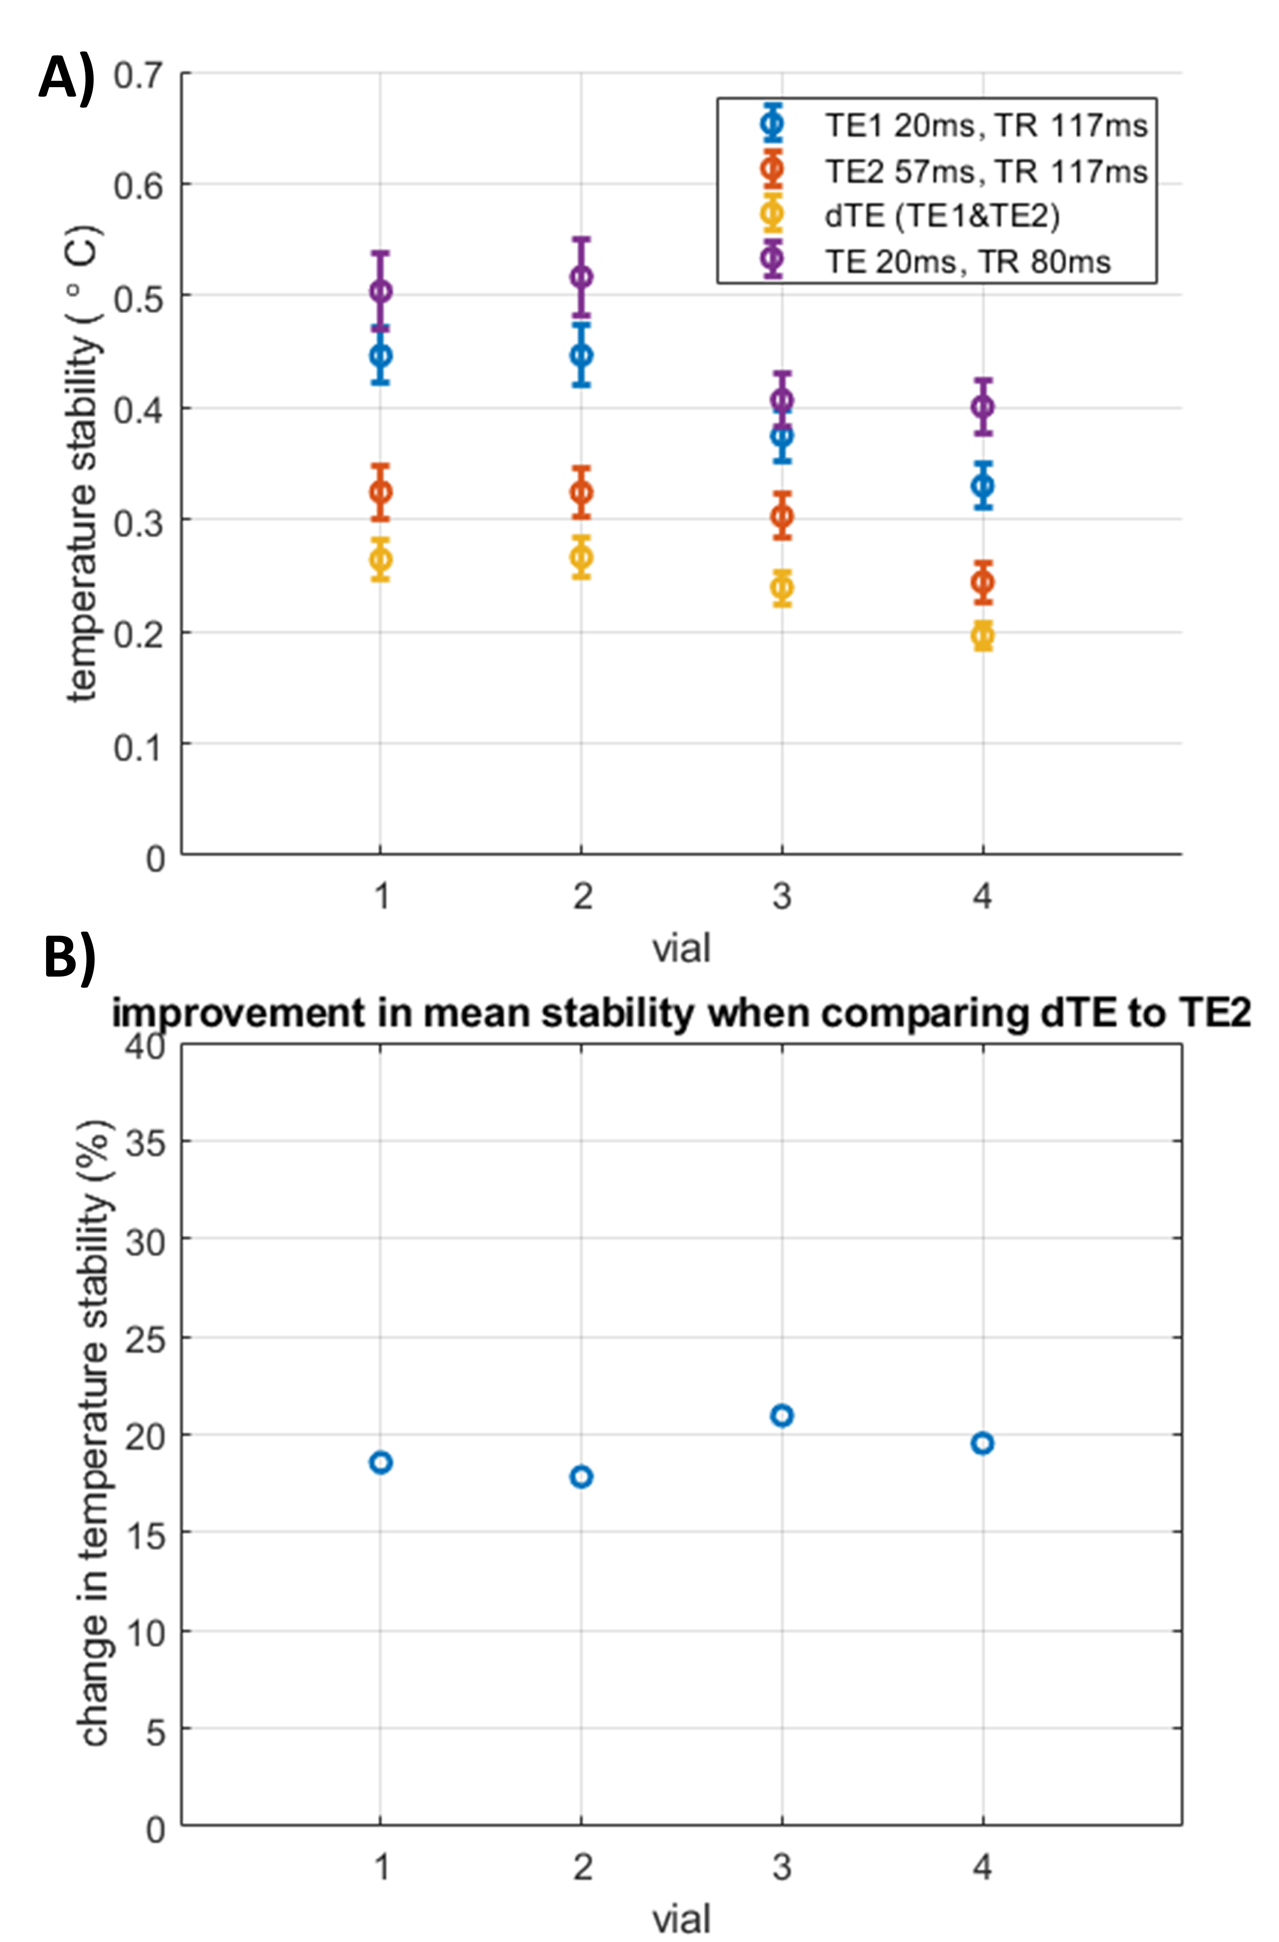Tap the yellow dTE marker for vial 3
(x=782, y=587)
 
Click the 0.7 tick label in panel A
(x=138, y=75)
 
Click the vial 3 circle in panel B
(x=782, y=1415)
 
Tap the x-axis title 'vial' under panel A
(x=681, y=949)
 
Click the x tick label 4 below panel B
(x=982, y=1867)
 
